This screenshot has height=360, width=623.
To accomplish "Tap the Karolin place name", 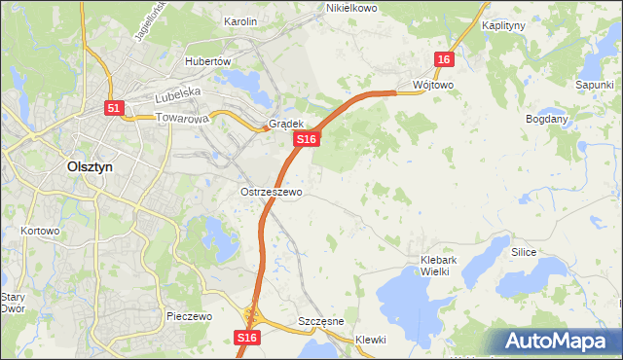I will click(x=240, y=20).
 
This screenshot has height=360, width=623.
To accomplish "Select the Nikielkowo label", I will click(x=350, y=8).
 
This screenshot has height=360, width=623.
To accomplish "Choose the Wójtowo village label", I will click(x=433, y=85).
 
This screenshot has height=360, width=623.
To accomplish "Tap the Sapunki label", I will click(x=594, y=85).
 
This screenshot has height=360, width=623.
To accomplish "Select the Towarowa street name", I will click(x=182, y=120).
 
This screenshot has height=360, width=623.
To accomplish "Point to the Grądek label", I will click(x=287, y=124).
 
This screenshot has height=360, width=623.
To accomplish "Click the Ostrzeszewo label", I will click(x=272, y=192).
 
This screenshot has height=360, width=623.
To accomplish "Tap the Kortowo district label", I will click(x=40, y=232).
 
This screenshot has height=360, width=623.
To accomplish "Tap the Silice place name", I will click(x=525, y=251).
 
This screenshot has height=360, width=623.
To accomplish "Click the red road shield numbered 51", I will click(x=114, y=109).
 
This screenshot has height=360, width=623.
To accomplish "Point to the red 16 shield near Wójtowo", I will click(x=444, y=59).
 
